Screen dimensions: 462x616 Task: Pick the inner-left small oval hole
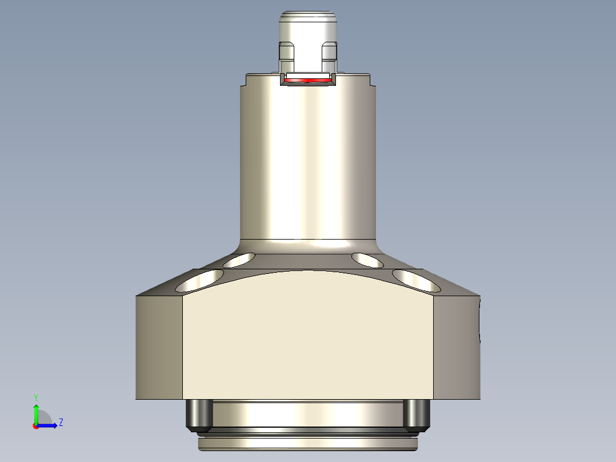[239, 260]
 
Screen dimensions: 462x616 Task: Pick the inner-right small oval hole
[368, 260]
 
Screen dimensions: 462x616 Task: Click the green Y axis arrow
[36, 412]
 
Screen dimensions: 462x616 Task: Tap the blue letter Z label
[61, 423]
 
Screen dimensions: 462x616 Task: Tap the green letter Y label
[35, 397]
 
